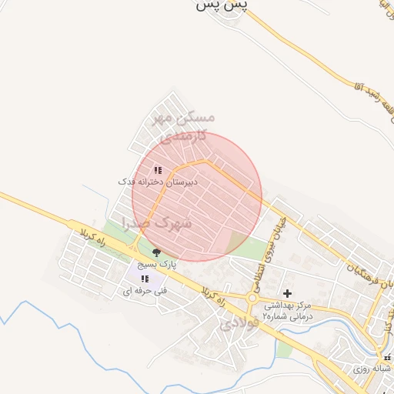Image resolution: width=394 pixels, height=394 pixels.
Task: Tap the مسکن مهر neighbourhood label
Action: [182, 118]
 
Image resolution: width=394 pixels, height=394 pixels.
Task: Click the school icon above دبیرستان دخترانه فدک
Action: [157, 170]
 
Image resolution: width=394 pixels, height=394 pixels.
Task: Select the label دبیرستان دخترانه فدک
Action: [157, 182]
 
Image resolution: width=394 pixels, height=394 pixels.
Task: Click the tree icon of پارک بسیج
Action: [157, 252]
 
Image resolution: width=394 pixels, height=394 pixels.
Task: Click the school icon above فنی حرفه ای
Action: [145, 279]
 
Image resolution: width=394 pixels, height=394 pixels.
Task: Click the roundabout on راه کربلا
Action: [252, 299]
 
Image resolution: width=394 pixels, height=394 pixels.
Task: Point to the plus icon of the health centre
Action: [288, 293]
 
